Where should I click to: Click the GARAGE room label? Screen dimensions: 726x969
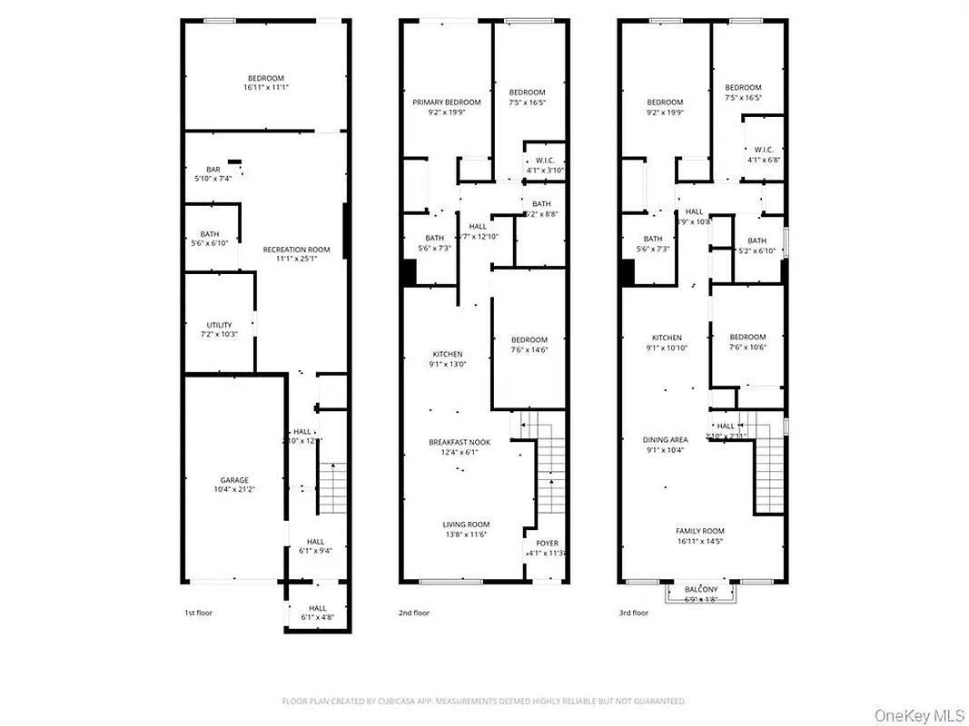click(233, 480)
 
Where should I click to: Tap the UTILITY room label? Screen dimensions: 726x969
click(219, 325)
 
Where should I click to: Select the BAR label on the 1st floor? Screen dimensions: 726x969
click(213, 169)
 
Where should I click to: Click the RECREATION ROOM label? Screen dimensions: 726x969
click(296, 250)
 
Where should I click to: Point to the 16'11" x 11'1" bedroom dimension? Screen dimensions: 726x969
click(266, 88)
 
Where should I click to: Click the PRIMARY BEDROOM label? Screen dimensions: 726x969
click(446, 103)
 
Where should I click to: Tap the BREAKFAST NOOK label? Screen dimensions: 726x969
click(460, 442)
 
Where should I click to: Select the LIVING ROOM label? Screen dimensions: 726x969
click(466, 525)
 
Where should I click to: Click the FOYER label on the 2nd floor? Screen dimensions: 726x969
click(547, 544)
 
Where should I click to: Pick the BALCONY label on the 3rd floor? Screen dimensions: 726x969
click(700, 589)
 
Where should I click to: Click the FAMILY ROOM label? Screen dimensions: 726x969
click(699, 531)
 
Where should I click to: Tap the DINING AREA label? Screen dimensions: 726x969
click(666, 439)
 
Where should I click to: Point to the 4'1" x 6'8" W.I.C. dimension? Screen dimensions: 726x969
click(764, 160)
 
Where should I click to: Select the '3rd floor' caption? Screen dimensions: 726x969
click(633, 613)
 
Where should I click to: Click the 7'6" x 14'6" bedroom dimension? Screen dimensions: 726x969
click(529, 350)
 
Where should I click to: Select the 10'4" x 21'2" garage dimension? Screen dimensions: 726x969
click(233, 491)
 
